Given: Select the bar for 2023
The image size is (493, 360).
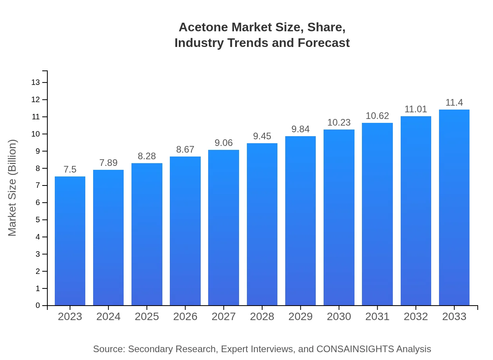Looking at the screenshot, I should pos(70,241).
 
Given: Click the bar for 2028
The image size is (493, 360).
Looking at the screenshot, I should pos(262,224).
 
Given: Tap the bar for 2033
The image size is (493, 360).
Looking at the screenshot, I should pos(454,207).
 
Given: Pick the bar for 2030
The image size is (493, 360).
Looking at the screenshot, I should pos(339,217).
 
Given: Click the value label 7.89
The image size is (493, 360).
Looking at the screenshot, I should pos(108,163).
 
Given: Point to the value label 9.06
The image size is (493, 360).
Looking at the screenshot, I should pos(224,143).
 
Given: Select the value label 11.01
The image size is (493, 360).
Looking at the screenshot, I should pos(416,109).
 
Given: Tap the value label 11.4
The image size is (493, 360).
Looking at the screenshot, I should pos(454,103).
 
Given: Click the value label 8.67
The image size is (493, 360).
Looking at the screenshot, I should pos(185,149).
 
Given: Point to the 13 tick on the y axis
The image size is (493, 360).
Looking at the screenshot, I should pos(36,83).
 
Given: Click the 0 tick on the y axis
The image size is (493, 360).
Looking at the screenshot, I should pos(38,306).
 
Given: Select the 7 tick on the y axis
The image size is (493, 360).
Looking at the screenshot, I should pos(38,185).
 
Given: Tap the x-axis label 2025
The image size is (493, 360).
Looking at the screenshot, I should pos(147,317).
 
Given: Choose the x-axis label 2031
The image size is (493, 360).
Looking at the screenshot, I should pos(377,317).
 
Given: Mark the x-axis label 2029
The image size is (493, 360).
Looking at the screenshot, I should pos(300,317).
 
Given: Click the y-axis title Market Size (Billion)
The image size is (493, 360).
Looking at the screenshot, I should pos(13,188).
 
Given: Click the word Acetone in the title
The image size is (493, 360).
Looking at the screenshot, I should pos(203,27).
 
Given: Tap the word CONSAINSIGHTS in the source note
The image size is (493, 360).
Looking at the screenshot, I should pos(355,349).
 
